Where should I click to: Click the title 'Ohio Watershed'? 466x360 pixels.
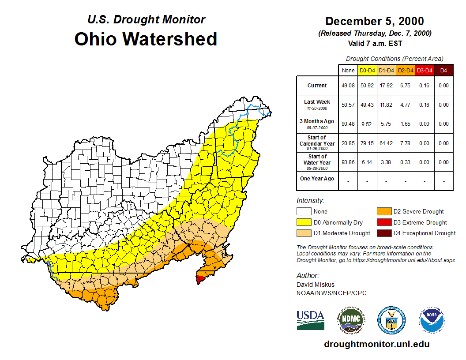[146, 39]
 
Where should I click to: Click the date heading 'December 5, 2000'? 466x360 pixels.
[374, 21]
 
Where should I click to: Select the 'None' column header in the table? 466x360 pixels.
[348, 70]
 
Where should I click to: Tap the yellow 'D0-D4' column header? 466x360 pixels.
[367, 70]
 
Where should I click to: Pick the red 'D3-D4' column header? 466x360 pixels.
[425, 70]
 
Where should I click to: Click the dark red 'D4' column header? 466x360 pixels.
[443, 70]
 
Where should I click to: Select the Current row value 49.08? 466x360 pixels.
[348, 86]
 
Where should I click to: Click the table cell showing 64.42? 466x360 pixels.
[386, 143]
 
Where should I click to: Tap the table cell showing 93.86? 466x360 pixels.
[348, 162]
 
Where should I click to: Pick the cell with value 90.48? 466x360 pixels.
[348, 124]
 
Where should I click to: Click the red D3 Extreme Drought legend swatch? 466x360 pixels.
[383, 222]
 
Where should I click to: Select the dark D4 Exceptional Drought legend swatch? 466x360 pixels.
[383, 233]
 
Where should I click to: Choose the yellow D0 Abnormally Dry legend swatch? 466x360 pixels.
[304, 222]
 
